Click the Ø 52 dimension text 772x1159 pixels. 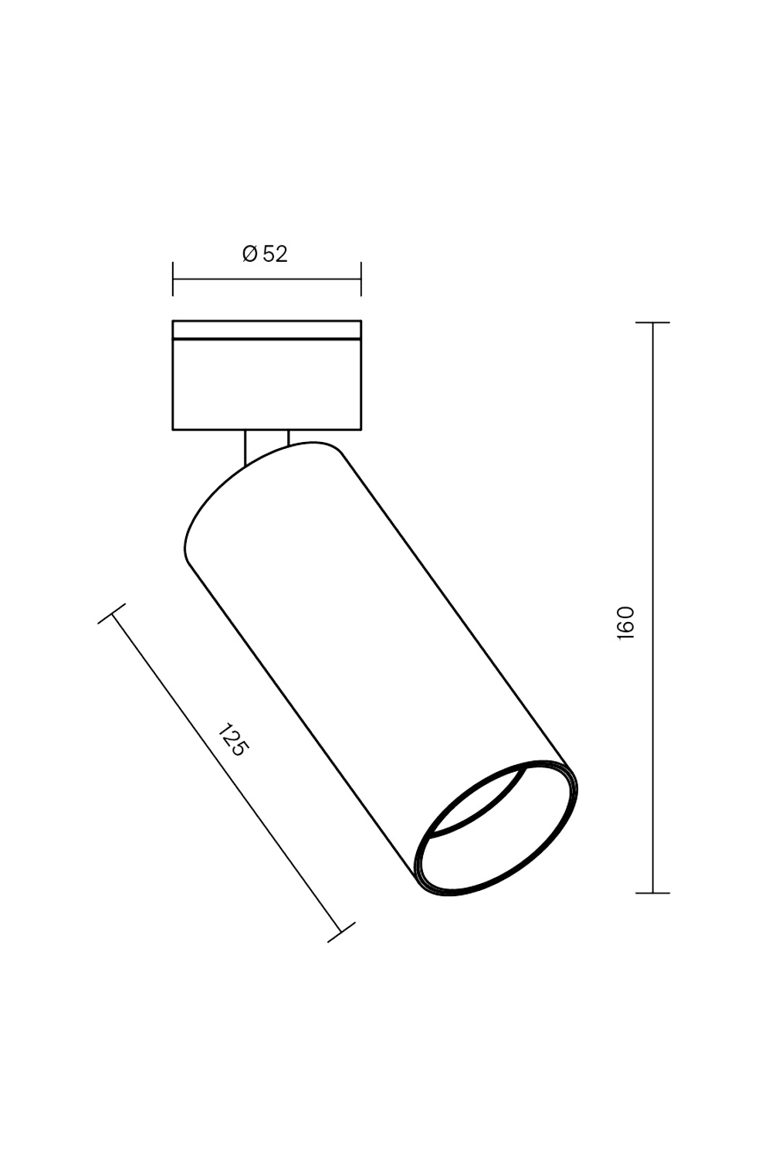[x=265, y=254]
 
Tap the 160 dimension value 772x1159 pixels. [x=625, y=623]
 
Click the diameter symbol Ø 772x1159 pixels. [x=250, y=254]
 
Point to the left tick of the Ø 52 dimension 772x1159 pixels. [x=173, y=280]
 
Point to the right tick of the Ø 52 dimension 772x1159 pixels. [x=361, y=280]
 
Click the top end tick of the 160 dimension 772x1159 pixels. [x=652, y=322]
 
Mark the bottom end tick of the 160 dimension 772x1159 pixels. [x=652, y=892]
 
